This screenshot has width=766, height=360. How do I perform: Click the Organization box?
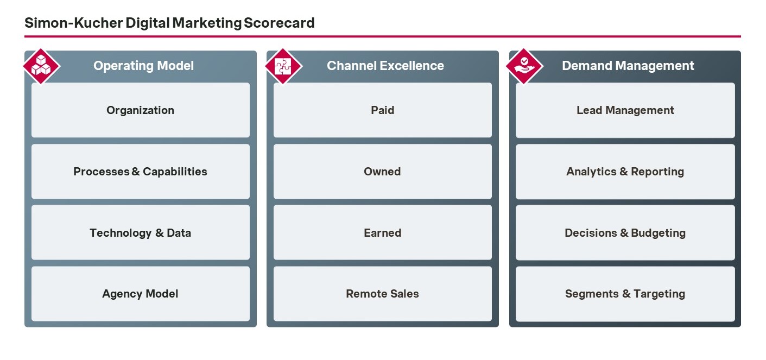pos(141,110)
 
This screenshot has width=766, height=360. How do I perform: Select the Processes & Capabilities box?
pos(141,171)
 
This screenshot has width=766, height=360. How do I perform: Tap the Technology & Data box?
pos(141,232)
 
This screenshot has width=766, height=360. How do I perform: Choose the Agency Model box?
pos(141,294)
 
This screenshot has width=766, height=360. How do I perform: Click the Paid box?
pos(383,110)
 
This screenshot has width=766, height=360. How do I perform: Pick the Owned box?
pos(383,171)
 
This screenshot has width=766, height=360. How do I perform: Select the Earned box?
pos(383,232)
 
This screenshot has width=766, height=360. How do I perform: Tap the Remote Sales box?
pos(383,294)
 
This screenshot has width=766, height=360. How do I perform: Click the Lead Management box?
pos(625,110)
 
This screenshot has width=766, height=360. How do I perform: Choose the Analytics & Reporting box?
pos(625,171)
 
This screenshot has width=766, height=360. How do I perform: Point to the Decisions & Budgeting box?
pos(625,232)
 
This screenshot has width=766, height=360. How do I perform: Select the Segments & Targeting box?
pos(625,294)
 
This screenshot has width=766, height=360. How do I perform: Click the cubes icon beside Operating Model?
pos(41,66)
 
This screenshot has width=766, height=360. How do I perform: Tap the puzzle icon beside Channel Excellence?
pos(283,66)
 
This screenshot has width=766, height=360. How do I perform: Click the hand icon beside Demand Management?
pos(524,66)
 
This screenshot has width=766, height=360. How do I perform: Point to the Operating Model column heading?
pos(144,66)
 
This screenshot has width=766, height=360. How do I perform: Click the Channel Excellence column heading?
pos(385,66)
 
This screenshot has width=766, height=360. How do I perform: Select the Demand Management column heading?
pos(628,66)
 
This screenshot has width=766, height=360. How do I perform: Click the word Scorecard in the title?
pos(279,23)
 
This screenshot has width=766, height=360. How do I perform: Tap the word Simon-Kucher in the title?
pos(73,23)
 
